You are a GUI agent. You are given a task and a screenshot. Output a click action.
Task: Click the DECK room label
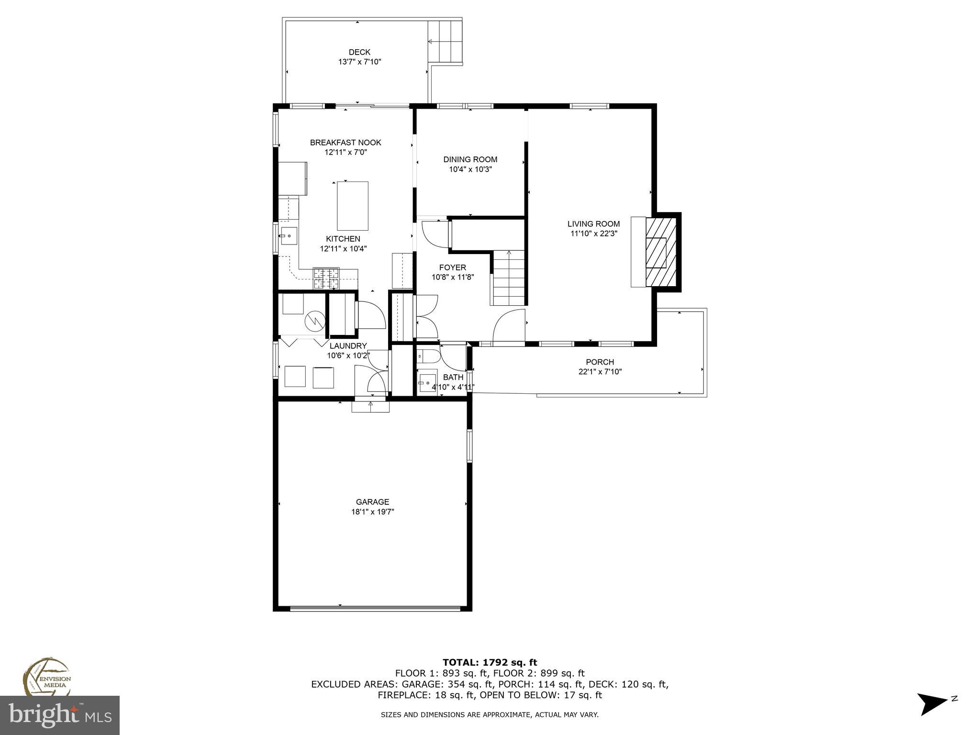tap(359, 52)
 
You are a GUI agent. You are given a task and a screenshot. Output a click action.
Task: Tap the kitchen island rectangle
tap(353, 206)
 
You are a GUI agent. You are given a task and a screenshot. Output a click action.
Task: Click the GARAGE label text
tap(372, 502)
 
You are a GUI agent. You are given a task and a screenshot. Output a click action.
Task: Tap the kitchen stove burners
tap(326, 278)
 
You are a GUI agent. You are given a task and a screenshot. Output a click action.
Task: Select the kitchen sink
tap(289, 236)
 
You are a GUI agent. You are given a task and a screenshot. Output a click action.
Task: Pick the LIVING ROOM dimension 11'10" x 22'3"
tap(593, 234)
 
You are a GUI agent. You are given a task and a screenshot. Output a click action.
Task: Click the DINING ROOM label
tap(470, 159)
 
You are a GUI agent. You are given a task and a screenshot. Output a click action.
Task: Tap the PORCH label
tap(600, 362)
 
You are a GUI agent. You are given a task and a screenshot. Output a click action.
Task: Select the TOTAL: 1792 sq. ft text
tap(490, 662)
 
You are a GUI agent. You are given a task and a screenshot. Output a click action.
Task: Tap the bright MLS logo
tap(59, 715)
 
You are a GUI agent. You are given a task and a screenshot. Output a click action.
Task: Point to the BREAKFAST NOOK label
tap(345, 142)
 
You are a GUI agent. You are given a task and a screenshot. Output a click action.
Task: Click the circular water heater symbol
tap(315, 320)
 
